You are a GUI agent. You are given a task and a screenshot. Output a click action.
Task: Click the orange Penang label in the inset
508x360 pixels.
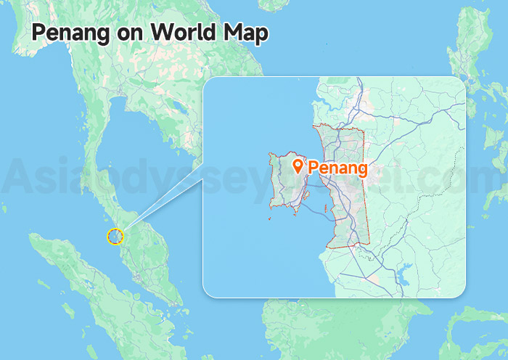click(337, 168)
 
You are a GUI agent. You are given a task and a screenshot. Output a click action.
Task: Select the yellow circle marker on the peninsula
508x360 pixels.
click(115, 235)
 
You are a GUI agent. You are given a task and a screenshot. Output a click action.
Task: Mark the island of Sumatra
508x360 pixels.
click(87, 290)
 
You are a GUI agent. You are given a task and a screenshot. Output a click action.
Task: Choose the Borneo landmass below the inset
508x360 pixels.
click(348, 327)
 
